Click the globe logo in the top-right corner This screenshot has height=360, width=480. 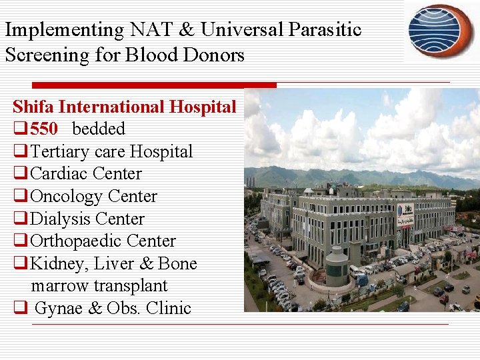pos(441,31)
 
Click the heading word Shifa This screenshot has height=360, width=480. pos(35,107)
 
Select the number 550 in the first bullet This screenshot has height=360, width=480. pos(44,129)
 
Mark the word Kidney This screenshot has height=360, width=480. pos(57,264)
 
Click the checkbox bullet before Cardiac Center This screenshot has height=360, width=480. pos(20,175)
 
